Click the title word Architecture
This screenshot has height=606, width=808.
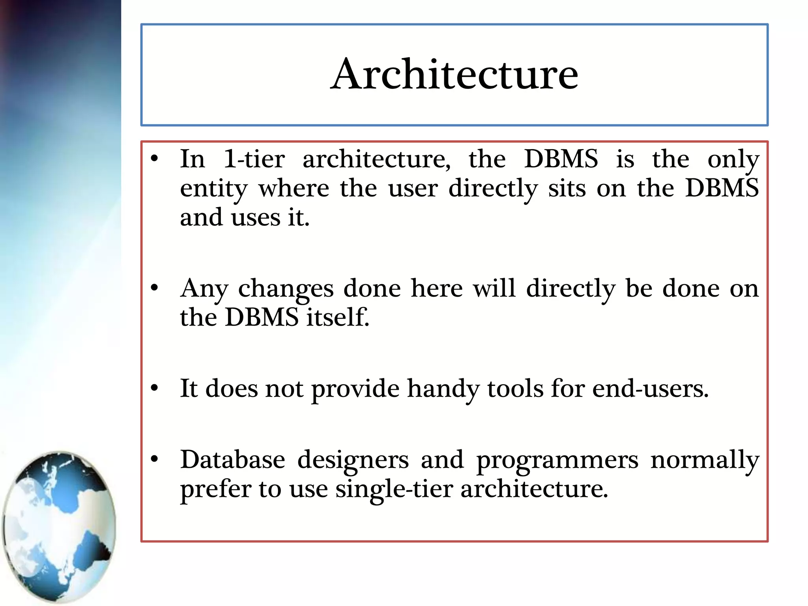[454, 74]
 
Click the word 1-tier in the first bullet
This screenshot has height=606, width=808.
[254, 159]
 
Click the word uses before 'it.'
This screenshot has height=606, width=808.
[255, 218]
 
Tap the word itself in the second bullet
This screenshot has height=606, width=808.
[338, 317]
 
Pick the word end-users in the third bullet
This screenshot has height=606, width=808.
[650, 389]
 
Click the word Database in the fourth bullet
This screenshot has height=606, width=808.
[232, 460]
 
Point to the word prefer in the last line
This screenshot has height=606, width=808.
[215, 490]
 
